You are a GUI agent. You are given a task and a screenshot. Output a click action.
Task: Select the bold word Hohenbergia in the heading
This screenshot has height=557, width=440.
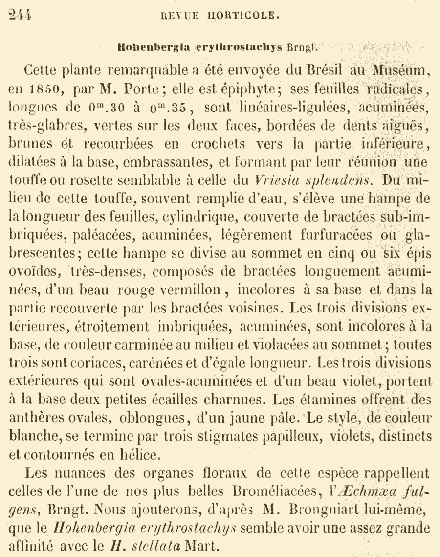[148, 48]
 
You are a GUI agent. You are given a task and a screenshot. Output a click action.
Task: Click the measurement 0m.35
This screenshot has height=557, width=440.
[175, 111]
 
